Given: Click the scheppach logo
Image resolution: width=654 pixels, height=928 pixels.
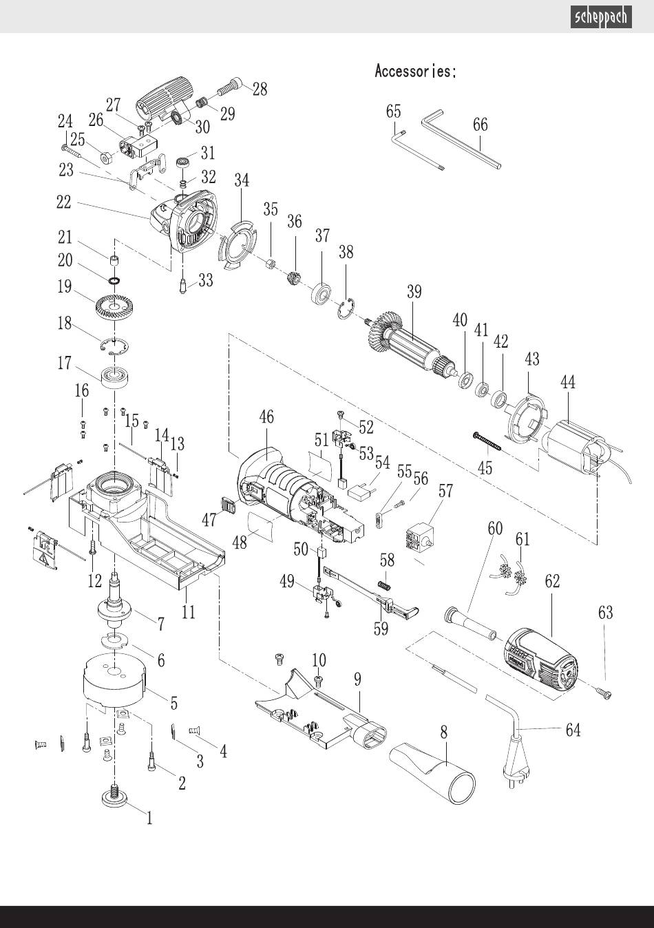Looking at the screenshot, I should [x=600, y=17].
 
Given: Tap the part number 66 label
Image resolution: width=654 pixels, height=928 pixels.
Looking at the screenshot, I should [x=480, y=125].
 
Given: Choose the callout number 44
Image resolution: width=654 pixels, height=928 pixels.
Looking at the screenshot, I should [x=568, y=382].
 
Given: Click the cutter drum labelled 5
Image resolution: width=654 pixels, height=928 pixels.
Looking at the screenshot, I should [x=112, y=682].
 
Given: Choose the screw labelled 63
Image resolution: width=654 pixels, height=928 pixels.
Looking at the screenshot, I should [x=604, y=694].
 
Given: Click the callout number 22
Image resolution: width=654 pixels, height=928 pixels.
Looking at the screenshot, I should [x=63, y=202].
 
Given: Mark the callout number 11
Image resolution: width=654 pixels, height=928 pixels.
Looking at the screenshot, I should [x=187, y=611].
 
